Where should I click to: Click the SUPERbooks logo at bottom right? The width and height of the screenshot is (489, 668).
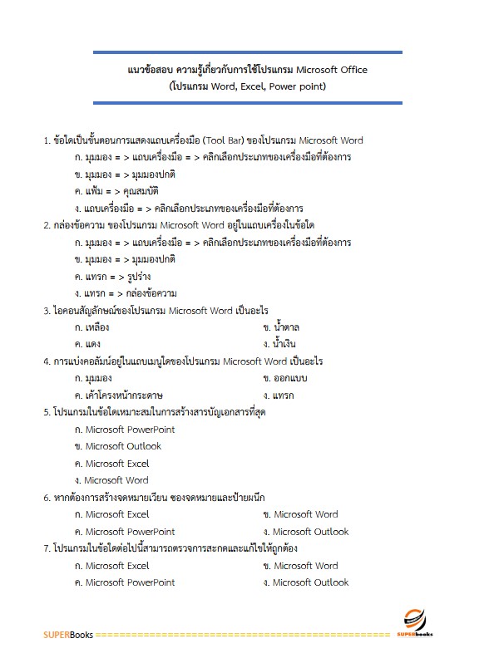click(x=420, y=622)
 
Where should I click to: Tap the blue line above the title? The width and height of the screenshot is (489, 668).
click(x=248, y=53)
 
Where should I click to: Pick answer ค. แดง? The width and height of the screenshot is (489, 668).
click(x=87, y=344)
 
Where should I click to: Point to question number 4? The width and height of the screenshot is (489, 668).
click(x=47, y=361)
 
